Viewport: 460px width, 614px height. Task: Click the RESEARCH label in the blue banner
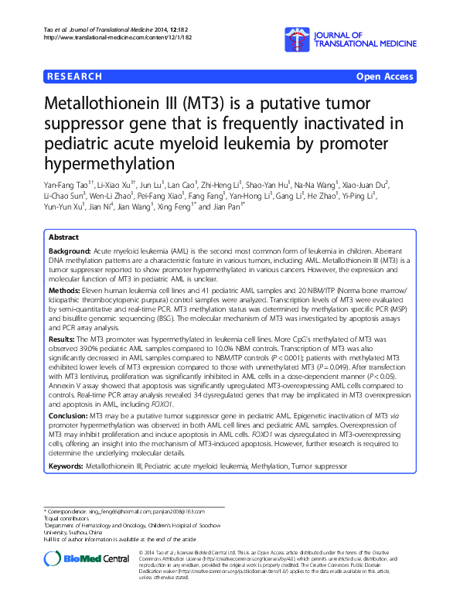point(74,77)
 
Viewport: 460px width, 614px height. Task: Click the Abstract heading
point(63,237)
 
